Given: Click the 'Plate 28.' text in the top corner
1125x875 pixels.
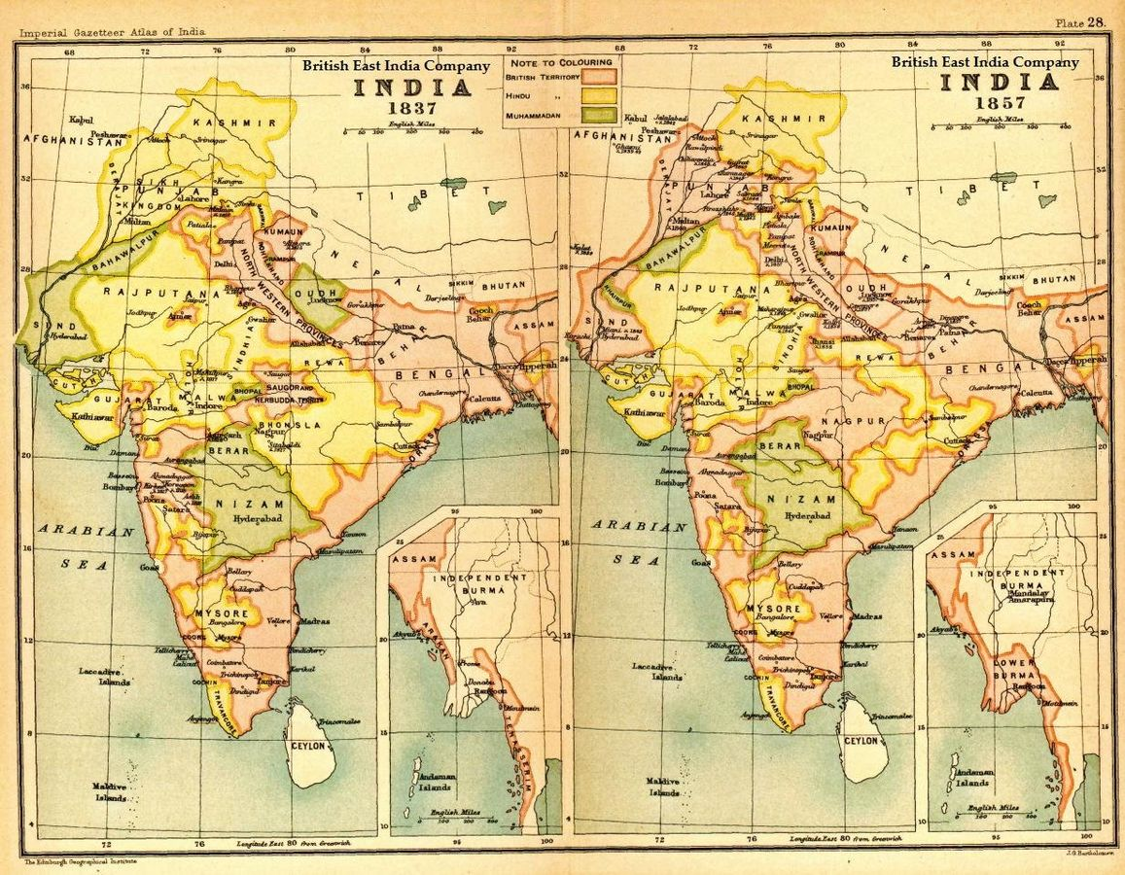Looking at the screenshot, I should coord(1081,22).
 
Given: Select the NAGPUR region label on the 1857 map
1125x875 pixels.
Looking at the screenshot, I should coord(842,419).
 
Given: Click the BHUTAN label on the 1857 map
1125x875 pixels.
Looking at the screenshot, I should coord(1054,279).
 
